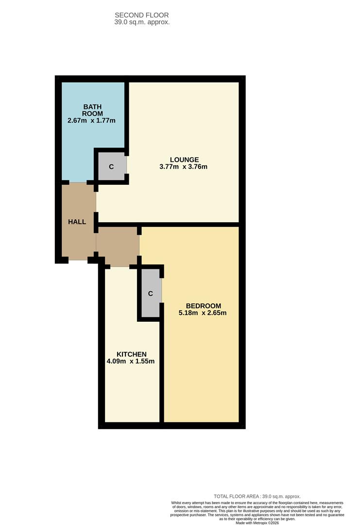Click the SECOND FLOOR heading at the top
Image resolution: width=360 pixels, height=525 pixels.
click(142, 16)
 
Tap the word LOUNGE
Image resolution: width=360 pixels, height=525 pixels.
click(184, 159)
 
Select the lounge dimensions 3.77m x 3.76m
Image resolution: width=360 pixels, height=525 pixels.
click(184, 167)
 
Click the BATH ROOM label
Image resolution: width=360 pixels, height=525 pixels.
click(93, 110)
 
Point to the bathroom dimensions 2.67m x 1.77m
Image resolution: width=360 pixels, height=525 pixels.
click(92, 121)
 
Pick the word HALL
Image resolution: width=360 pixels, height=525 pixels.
click(77, 222)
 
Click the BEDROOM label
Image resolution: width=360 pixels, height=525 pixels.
click(204, 306)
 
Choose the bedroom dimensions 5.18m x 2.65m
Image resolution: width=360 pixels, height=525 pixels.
click(203, 313)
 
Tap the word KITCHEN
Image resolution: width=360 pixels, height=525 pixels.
click(131, 354)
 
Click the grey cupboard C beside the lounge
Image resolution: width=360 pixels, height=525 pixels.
click(111, 167)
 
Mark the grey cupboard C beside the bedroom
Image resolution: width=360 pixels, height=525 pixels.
click(151, 293)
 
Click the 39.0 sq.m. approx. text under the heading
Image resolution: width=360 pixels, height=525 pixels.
click(142, 22)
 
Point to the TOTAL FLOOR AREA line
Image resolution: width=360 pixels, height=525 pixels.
click(257, 496)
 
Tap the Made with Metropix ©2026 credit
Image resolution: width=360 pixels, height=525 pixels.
click(257, 523)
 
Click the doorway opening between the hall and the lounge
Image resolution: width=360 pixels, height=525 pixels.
click(96, 202)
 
